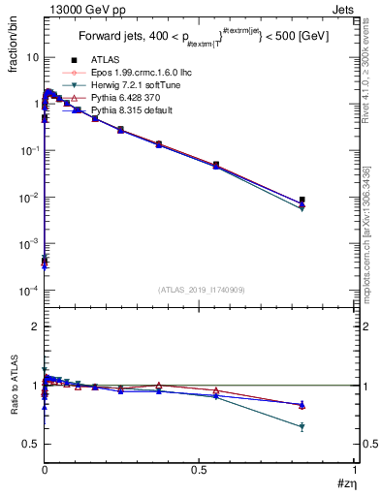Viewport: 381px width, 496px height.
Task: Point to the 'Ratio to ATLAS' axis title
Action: pos(14,385)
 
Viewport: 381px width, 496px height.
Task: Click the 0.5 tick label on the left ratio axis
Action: pos(32,444)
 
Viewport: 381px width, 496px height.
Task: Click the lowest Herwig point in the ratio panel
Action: pos(302,426)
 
